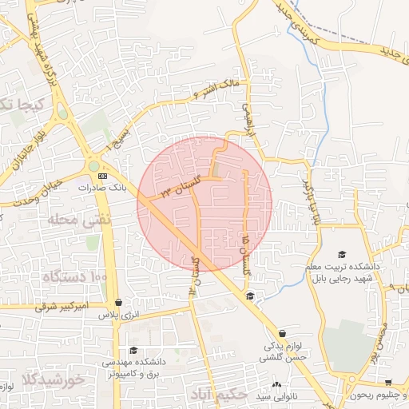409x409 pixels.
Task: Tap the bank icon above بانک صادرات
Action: tap(101, 175)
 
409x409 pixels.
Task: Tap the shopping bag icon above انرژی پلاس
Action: tap(119, 303)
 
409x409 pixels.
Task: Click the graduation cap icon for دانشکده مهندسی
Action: tap(133, 350)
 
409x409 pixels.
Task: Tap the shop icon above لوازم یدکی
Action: tap(281, 334)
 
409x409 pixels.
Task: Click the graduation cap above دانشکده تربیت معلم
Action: tap(342, 253)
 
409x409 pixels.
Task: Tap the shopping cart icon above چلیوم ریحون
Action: tap(388, 383)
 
